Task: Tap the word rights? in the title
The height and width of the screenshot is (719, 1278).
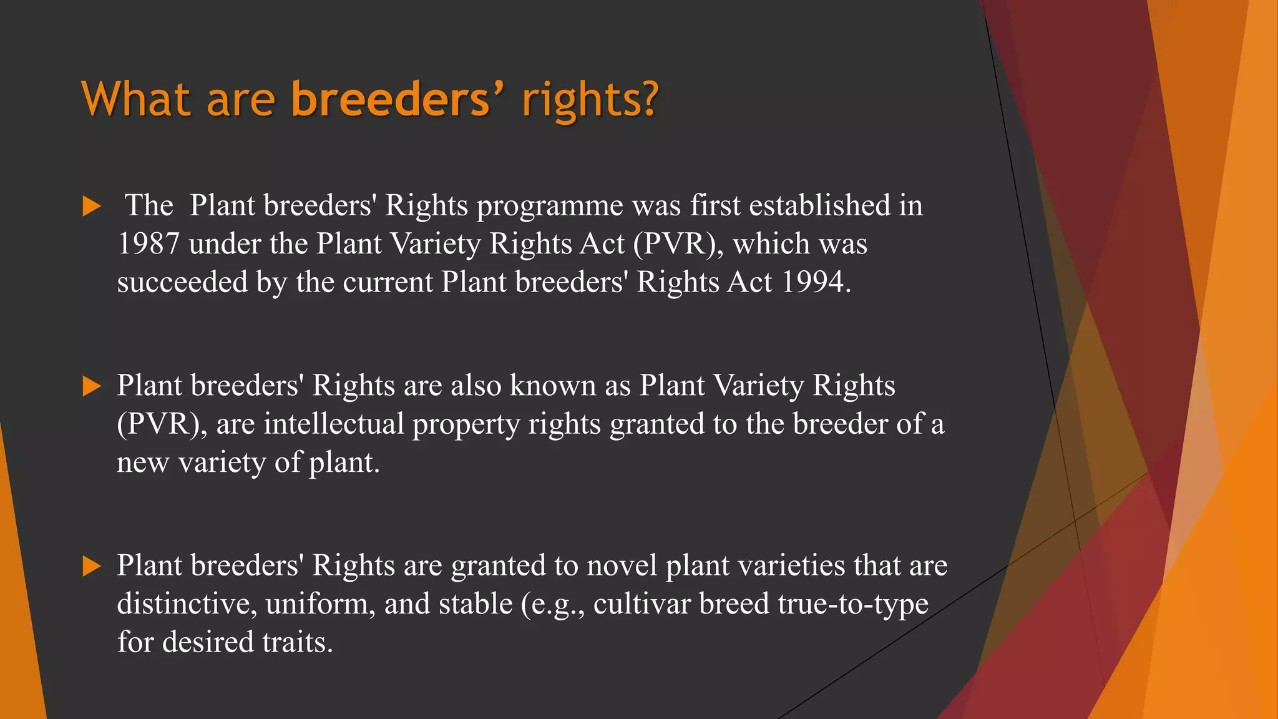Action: pos(590,100)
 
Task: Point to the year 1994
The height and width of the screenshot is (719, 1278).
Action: pos(815,282)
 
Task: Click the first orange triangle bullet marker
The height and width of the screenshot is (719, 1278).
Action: pos(91,207)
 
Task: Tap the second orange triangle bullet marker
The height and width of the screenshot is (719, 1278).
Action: pos(91,386)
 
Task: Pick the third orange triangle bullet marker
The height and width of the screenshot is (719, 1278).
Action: pos(91,566)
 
